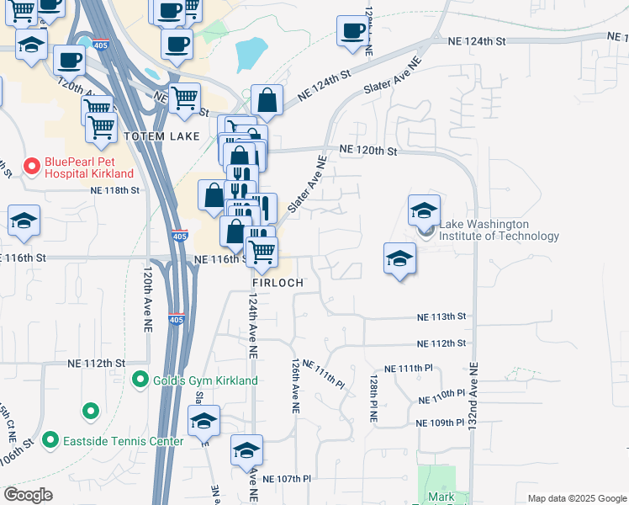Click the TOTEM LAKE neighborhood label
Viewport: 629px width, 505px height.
click(161, 136)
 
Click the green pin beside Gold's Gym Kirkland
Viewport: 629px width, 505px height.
click(141, 380)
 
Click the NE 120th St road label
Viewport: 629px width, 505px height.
click(367, 151)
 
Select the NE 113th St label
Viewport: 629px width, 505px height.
click(441, 316)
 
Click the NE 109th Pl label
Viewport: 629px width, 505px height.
click(440, 423)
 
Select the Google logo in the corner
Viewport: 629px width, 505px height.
click(28, 495)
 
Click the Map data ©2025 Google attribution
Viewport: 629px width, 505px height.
click(576, 498)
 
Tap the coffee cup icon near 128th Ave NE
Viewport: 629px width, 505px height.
click(352, 31)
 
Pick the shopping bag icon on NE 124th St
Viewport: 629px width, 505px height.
click(267, 101)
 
